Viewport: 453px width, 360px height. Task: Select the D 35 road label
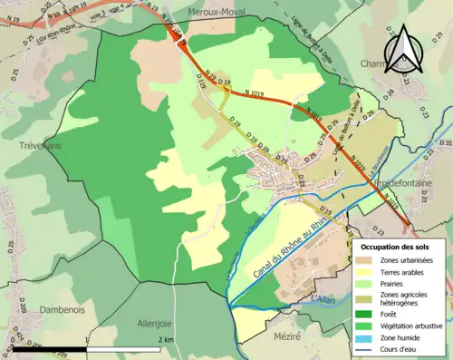(444, 144)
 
